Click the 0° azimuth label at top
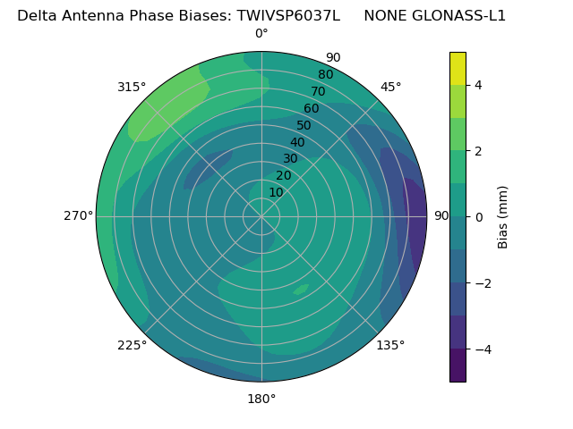coord(261,34)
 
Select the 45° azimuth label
coord(390,87)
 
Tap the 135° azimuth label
coord(390,345)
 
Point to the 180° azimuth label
coord(261,399)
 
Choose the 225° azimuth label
coord(132,345)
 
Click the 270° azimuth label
coord(78,216)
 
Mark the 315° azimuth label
coord(132,87)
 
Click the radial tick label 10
coord(276,192)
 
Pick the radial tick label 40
coord(297,142)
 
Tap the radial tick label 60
coord(311,109)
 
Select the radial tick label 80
coord(325,75)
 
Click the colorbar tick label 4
coord(478,85)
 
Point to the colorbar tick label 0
coord(478,217)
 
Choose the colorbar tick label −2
coord(481,283)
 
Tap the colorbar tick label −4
coord(481,349)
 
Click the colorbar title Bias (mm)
coord(503,217)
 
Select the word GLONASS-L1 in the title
coord(459,15)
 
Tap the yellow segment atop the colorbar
coord(458,68)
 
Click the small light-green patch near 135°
coord(301,289)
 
